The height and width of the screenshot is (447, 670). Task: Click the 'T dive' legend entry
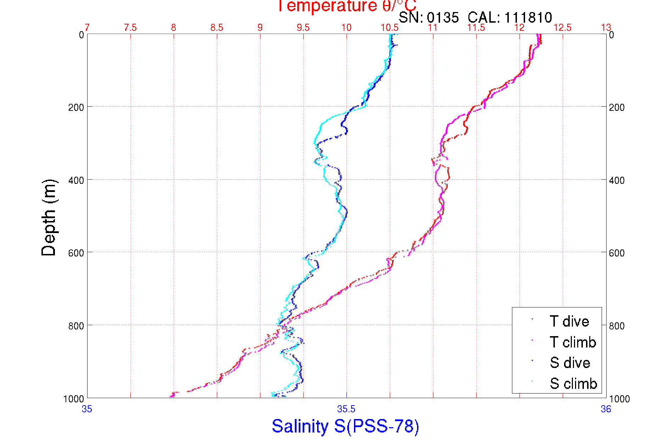tap(569, 321)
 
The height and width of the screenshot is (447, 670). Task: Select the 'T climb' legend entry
tap(573, 342)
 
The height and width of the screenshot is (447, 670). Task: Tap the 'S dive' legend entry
tap(570, 363)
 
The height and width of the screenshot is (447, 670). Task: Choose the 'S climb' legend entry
tap(573, 384)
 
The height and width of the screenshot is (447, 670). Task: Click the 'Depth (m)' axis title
tap(49, 217)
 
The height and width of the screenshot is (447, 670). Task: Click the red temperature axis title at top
tap(347, 6)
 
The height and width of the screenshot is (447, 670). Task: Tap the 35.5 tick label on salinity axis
tap(346, 409)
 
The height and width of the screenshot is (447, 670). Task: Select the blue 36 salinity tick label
tap(606, 409)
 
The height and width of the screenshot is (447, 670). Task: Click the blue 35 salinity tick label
tap(87, 409)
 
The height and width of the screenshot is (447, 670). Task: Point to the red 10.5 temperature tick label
tap(390, 28)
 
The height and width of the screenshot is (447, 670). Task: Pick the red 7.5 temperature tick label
tap(130, 28)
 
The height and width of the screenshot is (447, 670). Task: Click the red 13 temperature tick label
tap(606, 28)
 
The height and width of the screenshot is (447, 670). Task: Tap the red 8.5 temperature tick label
tap(217, 28)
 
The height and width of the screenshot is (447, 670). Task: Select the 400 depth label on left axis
tap(76, 180)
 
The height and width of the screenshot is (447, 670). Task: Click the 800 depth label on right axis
tap(617, 326)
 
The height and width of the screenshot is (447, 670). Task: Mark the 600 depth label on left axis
tap(76, 253)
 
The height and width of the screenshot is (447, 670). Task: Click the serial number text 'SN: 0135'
tap(429, 17)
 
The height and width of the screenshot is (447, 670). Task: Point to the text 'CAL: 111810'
tap(510, 17)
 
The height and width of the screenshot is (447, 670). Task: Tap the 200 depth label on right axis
tap(617, 107)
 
